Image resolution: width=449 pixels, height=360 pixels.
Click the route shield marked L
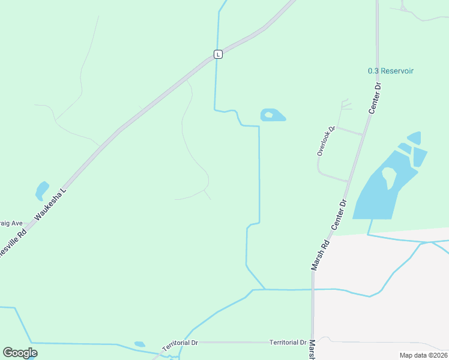point(218,54)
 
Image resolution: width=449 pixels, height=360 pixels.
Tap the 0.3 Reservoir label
point(391,71)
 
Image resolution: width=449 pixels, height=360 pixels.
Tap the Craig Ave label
point(11,223)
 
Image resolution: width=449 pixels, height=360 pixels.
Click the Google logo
point(20,352)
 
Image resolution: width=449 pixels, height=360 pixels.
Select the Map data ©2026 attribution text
point(423,355)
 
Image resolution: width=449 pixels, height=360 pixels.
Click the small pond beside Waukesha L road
point(42,190)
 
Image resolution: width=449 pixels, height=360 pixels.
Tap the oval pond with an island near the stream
point(273,115)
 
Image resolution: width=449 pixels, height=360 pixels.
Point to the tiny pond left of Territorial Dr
point(140,344)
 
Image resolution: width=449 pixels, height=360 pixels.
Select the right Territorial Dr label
point(288,343)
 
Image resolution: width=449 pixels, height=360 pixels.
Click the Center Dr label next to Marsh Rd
point(340,214)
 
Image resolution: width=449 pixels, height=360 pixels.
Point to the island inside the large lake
point(389,176)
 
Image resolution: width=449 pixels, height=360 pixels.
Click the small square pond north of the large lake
point(414,137)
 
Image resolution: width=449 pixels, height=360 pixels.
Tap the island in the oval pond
point(269,115)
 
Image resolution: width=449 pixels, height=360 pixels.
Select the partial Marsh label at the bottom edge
point(312,349)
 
